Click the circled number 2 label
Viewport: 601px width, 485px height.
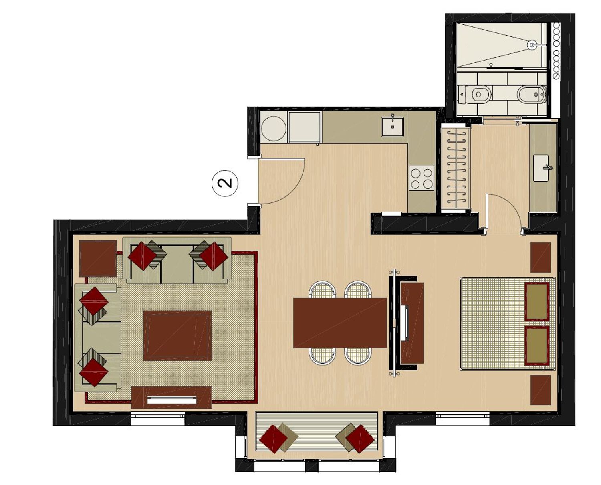click(x=225, y=183)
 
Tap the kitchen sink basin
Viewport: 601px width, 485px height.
click(x=392, y=127)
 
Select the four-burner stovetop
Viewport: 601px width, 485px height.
click(x=422, y=178)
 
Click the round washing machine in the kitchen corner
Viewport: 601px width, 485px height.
click(x=274, y=128)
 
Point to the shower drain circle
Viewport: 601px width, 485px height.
click(x=532, y=45)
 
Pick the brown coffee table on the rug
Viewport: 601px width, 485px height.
click(x=177, y=335)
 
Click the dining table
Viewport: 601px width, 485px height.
click(x=340, y=323)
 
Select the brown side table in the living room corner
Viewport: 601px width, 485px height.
click(x=98, y=259)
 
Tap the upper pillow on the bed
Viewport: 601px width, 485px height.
click(x=536, y=301)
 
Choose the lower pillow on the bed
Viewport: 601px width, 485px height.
click(x=536, y=345)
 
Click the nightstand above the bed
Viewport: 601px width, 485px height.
click(x=540, y=257)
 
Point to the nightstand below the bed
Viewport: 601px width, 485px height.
click(x=540, y=390)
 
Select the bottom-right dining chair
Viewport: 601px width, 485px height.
click(x=358, y=356)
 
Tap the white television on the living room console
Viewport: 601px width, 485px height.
click(x=172, y=400)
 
